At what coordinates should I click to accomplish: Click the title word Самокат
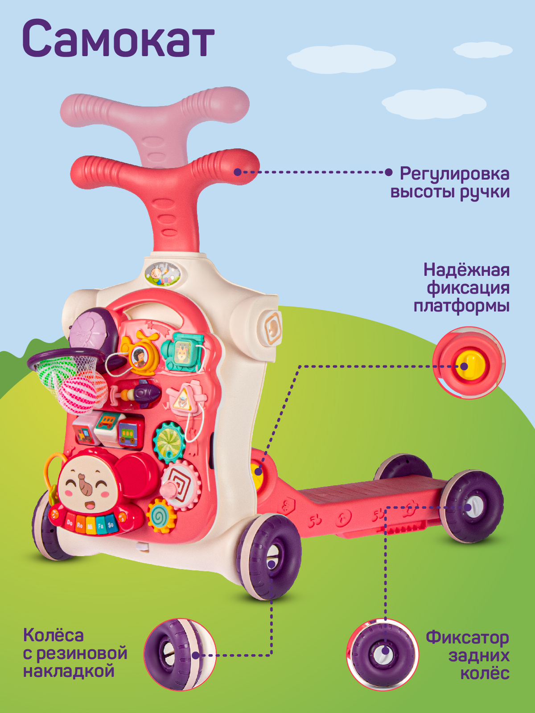[x=118, y=39]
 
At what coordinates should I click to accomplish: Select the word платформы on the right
[x=461, y=306]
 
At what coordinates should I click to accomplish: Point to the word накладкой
[x=69, y=671]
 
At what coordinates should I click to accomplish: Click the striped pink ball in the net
[x=82, y=392]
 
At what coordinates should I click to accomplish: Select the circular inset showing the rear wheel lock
[x=383, y=654]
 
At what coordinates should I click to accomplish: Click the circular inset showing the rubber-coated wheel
[x=180, y=654]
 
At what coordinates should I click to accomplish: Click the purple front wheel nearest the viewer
[x=270, y=557]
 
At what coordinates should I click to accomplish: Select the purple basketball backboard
[x=92, y=330]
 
